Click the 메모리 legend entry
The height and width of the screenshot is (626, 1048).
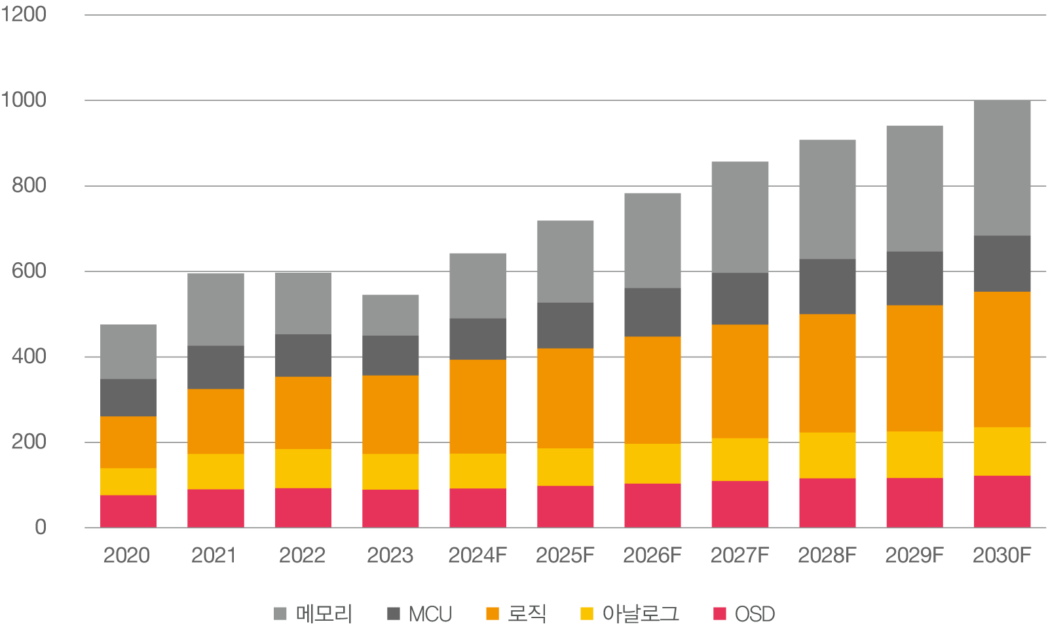click(313, 614)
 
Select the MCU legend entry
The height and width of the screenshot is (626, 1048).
click(419, 614)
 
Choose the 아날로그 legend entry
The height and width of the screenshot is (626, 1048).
click(629, 614)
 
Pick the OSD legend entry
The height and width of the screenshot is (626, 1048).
click(744, 614)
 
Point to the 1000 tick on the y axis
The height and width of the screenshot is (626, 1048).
click(24, 100)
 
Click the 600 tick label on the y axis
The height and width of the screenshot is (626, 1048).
click(29, 271)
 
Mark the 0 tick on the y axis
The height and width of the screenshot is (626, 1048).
click(41, 527)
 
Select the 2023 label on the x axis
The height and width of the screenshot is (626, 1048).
click(390, 555)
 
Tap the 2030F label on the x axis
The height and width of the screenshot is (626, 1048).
click(1001, 555)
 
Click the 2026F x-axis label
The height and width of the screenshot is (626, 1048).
click(652, 555)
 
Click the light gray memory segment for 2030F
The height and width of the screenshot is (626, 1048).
click(1002, 168)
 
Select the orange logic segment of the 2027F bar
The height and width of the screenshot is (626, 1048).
click(740, 381)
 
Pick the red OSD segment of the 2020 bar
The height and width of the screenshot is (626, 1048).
click(128, 511)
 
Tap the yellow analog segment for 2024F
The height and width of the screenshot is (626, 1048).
click(477, 471)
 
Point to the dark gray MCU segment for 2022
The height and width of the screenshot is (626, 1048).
click(303, 355)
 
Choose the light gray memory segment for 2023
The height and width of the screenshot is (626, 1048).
click(390, 315)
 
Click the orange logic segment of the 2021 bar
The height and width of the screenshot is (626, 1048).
click(215, 421)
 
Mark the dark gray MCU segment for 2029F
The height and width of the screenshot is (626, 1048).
click(914, 278)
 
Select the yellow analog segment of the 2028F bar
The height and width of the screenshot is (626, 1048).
click(827, 455)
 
